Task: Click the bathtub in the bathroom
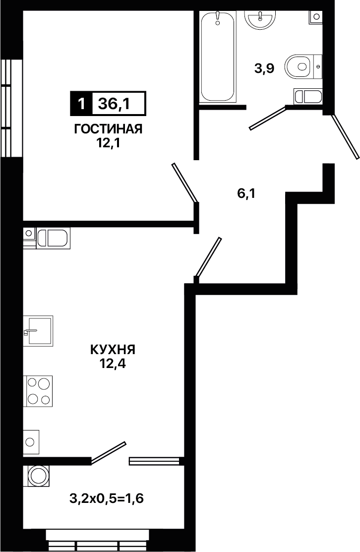(217, 57)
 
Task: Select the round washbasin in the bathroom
(260, 18)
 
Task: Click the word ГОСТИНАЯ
(108, 129)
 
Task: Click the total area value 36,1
(114, 104)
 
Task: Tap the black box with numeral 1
(81, 104)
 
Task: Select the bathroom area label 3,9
(264, 68)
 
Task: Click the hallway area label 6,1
(246, 193)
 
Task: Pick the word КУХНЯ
(113, 350)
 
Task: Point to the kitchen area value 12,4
(113, 364)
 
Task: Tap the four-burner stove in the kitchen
(38, 391)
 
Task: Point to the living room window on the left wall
(11, 108)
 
